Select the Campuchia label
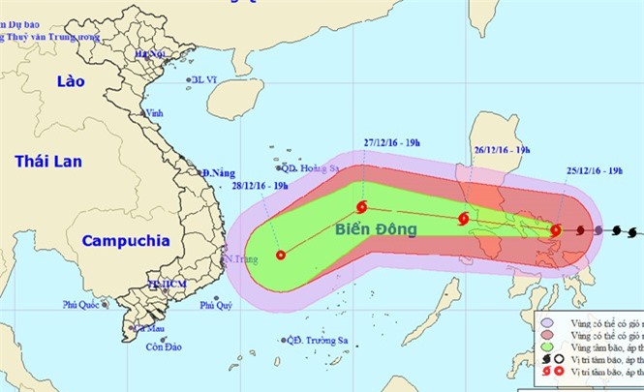(126, 239)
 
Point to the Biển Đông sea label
(376, 229)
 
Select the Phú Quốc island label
(82, 305)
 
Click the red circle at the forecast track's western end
(281, 256)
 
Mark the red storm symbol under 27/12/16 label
(361, 207)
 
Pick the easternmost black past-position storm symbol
(631, 231)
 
